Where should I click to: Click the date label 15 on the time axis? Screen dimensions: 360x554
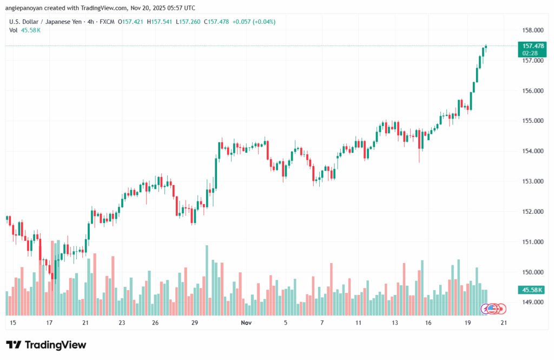click(x=13, y=323)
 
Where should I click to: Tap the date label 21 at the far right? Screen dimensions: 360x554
click(x=504, y=323)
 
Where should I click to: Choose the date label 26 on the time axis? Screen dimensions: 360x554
click(x=155, y=323)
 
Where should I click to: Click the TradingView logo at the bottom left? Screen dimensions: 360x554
click(x=46, y=345)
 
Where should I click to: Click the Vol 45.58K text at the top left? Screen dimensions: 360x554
click(x=25, y=30)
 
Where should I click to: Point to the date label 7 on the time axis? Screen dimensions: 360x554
click(x=322, y=323)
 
